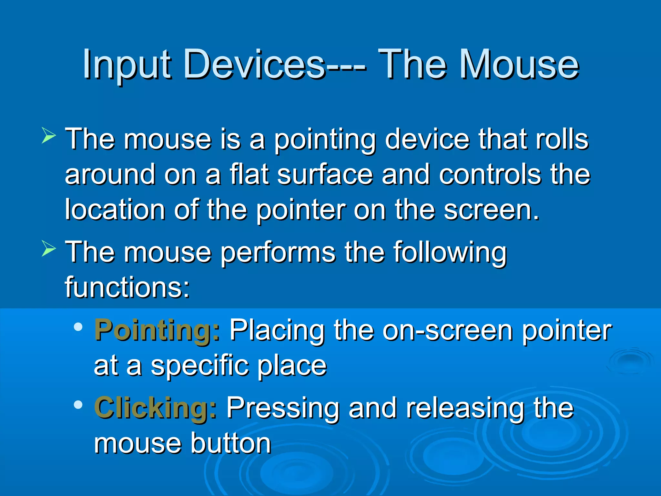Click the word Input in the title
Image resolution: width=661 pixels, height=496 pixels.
(126, 65)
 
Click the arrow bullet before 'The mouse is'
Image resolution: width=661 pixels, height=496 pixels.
(49, 135)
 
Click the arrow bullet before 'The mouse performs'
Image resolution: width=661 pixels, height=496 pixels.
(49, 249)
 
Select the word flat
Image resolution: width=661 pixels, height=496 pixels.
(249, 174)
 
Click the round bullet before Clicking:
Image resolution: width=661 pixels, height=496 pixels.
(78, 405)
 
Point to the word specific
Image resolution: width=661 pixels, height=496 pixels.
(200, 366)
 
